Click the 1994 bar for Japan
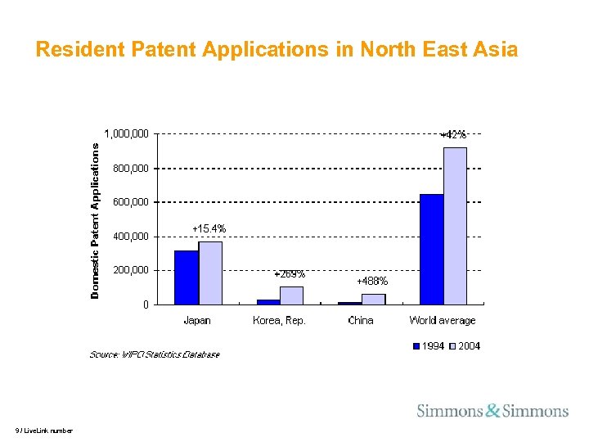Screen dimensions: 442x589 click(187, 277)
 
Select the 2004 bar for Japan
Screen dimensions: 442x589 click(210, 273)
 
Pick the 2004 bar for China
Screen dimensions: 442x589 click(373, 300)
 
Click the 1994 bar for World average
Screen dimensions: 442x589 click(431, 250)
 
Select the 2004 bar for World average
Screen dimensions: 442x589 click(455, 226)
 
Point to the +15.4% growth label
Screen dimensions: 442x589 click(209, 228)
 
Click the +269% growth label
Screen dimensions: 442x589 click(290, 273)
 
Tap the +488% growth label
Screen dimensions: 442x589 click(372, 281)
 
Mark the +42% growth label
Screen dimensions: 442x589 click(453, 134)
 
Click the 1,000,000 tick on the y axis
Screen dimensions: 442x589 click(126, 133)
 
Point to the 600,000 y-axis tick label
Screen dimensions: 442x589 click(131, 201)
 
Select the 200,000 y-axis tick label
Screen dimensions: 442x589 click(131, 270)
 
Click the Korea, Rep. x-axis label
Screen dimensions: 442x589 click(279, 320)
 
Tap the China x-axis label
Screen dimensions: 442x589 click(361, 320)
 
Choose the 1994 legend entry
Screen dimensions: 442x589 click(429, 346)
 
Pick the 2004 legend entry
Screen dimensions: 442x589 click(464, 346)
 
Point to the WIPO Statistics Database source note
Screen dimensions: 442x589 click(154, 354)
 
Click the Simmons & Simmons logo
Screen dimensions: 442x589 click(492, 411)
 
